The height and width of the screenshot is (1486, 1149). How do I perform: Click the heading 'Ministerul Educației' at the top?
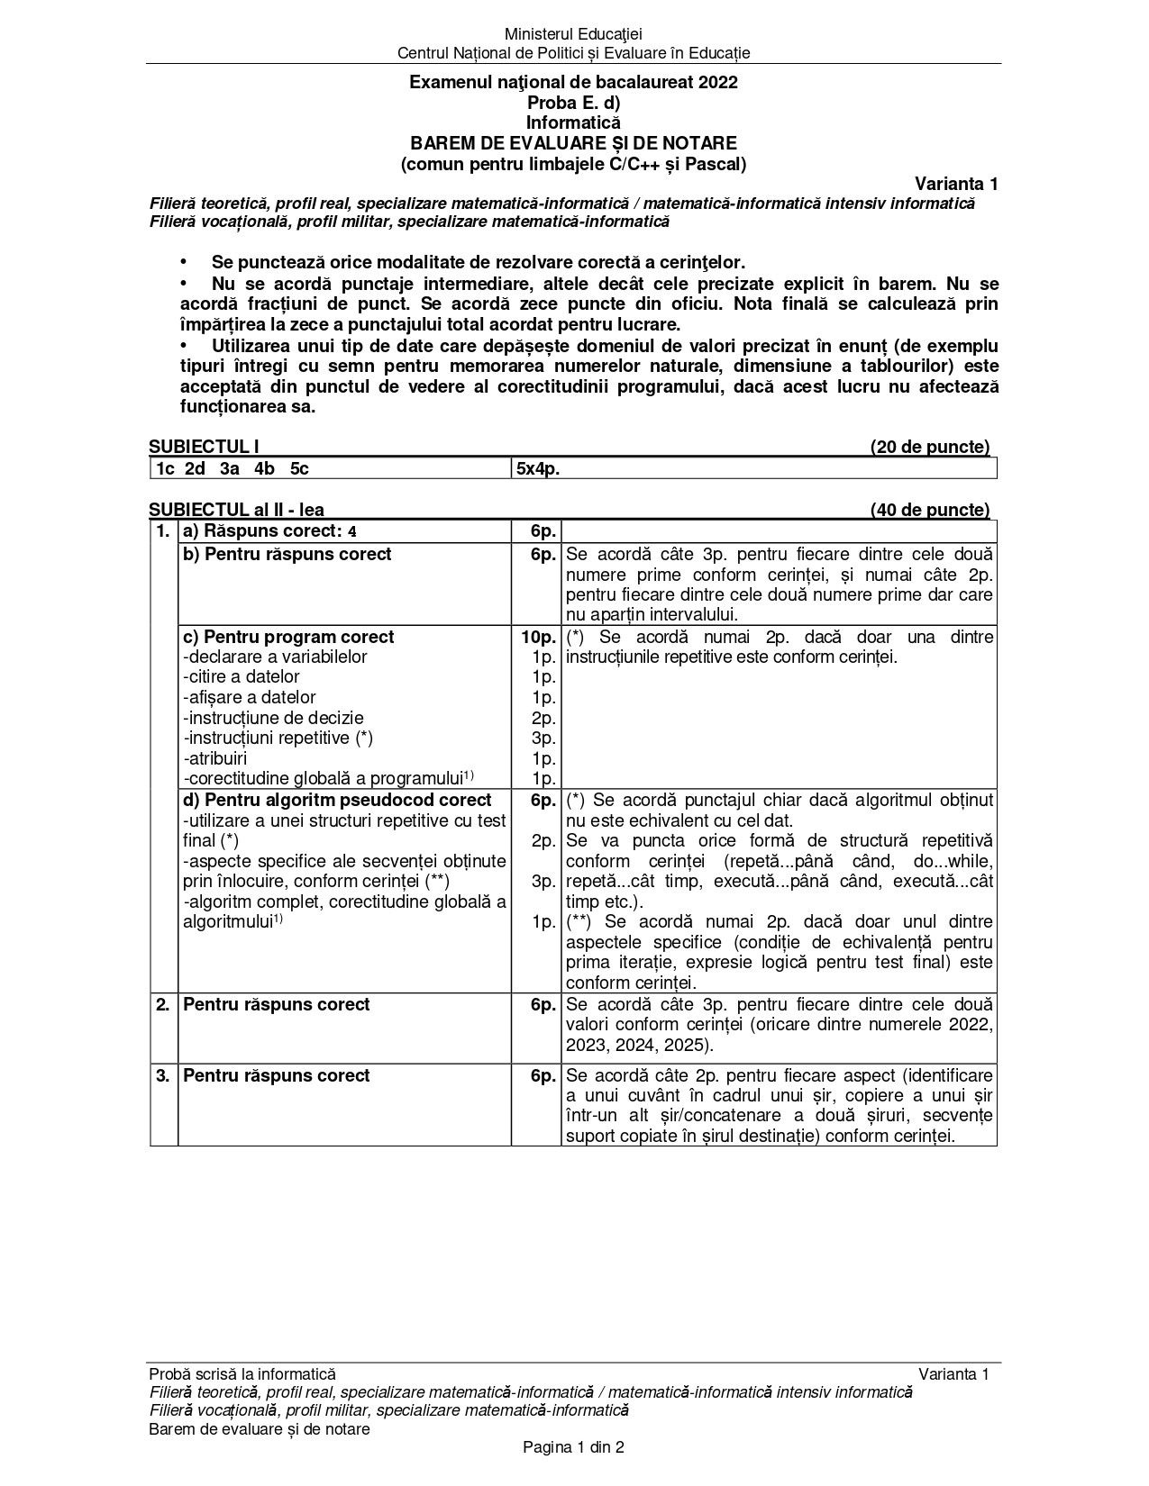click(x=574, y=34)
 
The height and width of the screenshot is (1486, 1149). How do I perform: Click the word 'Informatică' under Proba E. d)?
click(x=574, y=123)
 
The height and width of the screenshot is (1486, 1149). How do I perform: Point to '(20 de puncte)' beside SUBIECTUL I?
click(x=929, y=447)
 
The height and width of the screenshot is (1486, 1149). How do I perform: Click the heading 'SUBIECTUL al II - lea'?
click(x=236, y=511)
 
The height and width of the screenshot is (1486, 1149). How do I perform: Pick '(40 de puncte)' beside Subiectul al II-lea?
click(x=929, y=511)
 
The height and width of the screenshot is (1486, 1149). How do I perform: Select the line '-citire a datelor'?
click(x=241, y=677)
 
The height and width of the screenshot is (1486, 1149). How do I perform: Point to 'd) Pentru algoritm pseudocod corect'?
click(x=337, y=800)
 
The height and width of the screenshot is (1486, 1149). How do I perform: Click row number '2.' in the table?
click(x=163, y=1004)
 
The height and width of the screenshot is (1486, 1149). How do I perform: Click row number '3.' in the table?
click(x=163, y=1075)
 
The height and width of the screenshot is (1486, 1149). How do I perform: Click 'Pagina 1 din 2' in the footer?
click(x=574, y=1448)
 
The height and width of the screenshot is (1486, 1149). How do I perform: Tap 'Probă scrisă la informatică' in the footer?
click(x=242, y=1374)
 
